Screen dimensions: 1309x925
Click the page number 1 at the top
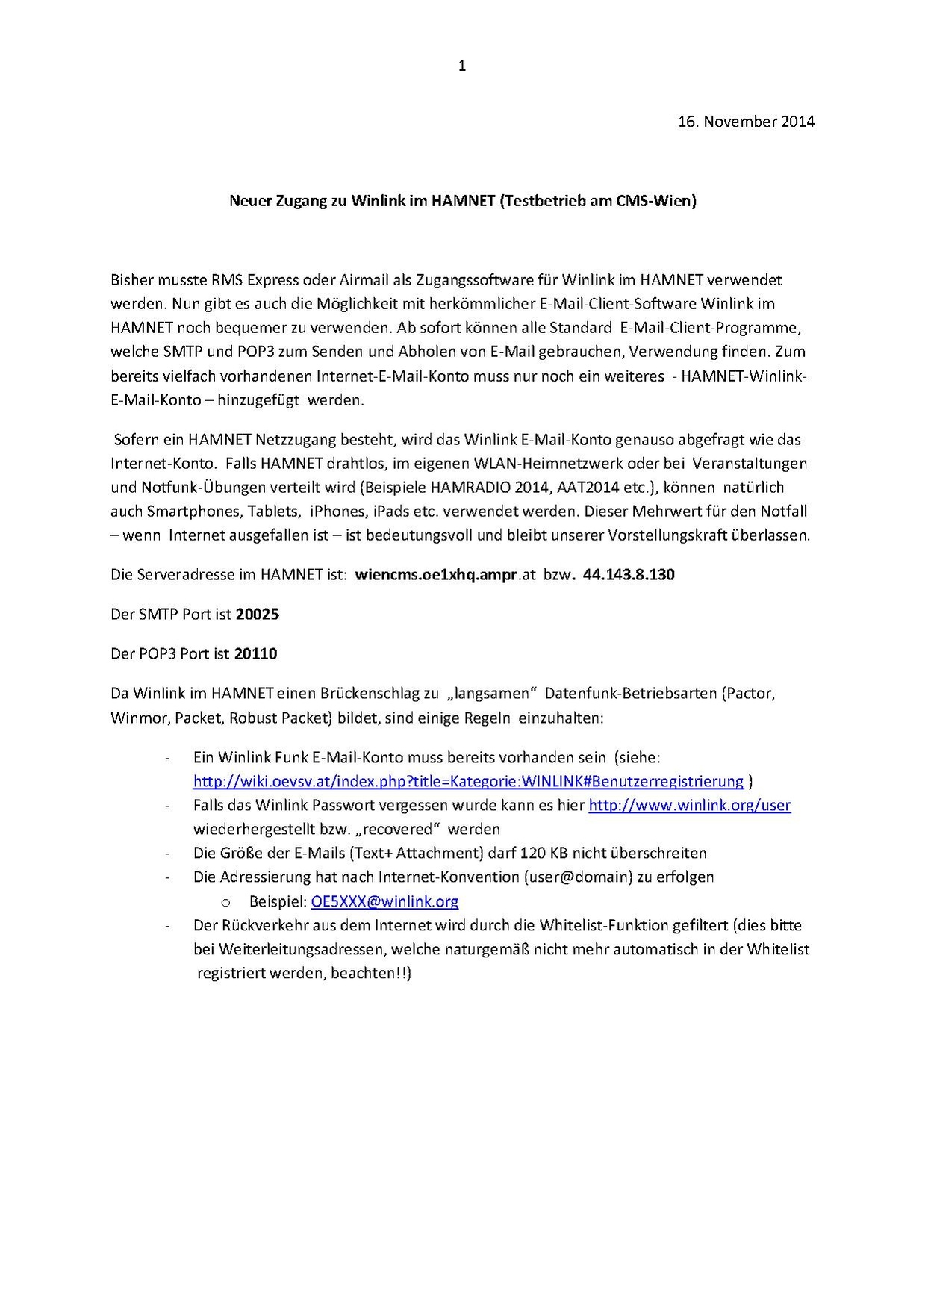click(462, 66)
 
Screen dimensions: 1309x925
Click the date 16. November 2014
click(746, 121)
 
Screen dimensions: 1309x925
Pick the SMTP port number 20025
click(257, 614)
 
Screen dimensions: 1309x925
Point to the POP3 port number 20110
click(255, 653)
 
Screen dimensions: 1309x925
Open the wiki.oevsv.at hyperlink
click(468, 781)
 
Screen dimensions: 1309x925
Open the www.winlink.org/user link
click(690, 805)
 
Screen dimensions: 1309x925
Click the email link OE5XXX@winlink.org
click(384, 901)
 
